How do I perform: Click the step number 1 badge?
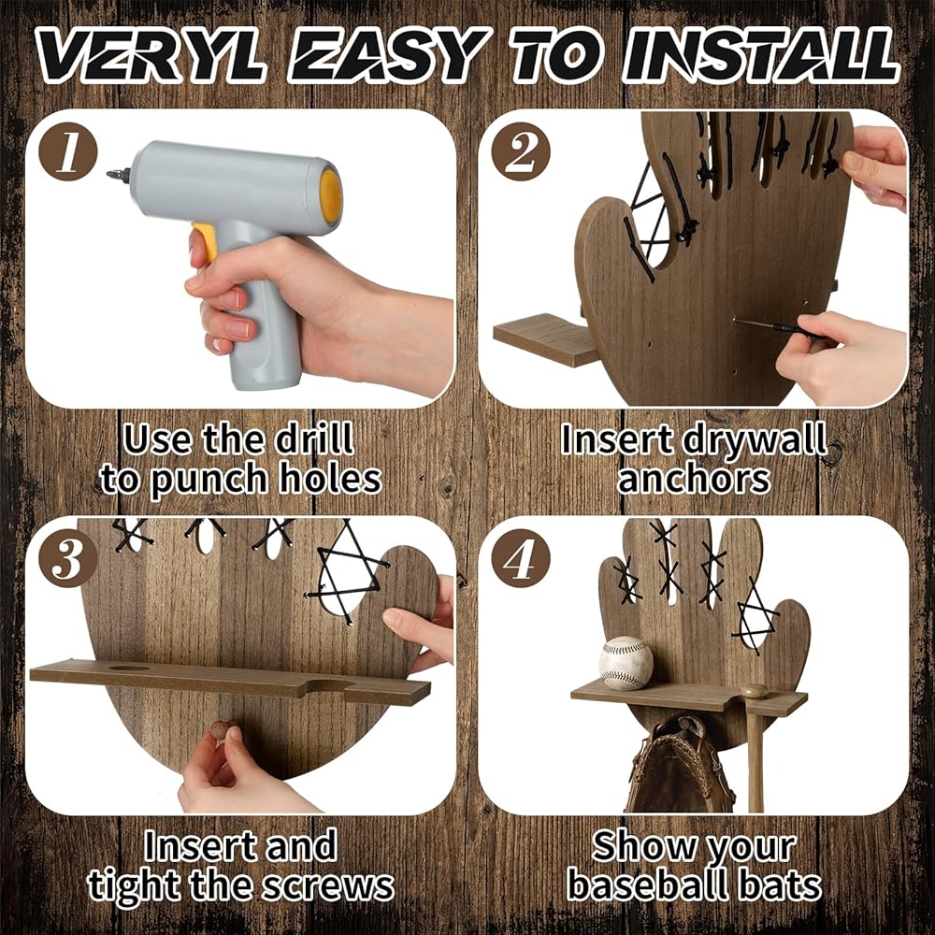point(67,151)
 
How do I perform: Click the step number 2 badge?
point(521,151)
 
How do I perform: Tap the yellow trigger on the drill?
point(205,241)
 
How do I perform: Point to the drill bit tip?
point(110,175)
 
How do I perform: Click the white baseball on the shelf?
point(626,663)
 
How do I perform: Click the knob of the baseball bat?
point(755,691)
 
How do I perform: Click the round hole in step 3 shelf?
point(129,668)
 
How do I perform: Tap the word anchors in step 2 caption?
point(694,479)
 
